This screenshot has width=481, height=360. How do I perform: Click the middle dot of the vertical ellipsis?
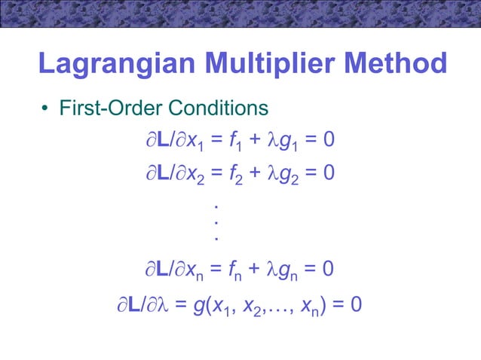(216, 222)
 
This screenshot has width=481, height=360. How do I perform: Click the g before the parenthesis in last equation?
(198, 307)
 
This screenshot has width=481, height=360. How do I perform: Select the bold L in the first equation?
(161, 142)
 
